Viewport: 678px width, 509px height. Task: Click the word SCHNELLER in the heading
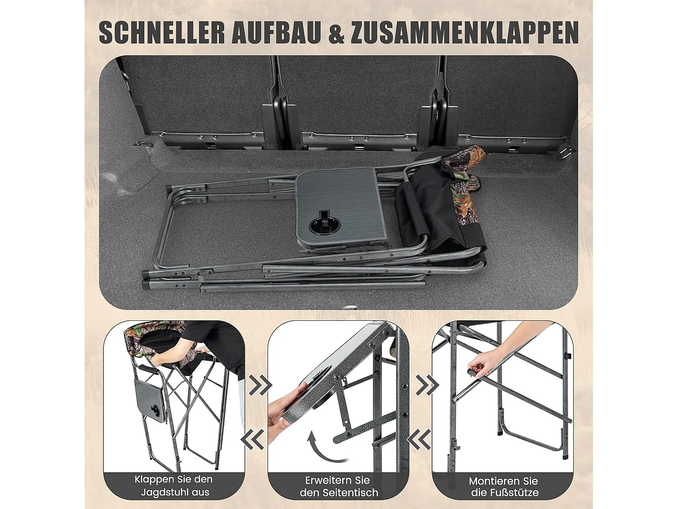tap(161, 33)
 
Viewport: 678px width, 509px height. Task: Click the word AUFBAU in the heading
tap(277, 33)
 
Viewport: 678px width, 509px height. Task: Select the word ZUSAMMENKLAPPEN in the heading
tap(465, 33)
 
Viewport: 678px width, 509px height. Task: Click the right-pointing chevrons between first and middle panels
tap(259, 385)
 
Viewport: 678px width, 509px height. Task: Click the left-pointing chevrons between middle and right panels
tap(419, 438)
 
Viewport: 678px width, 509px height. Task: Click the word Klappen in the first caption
tap(154, 479)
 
